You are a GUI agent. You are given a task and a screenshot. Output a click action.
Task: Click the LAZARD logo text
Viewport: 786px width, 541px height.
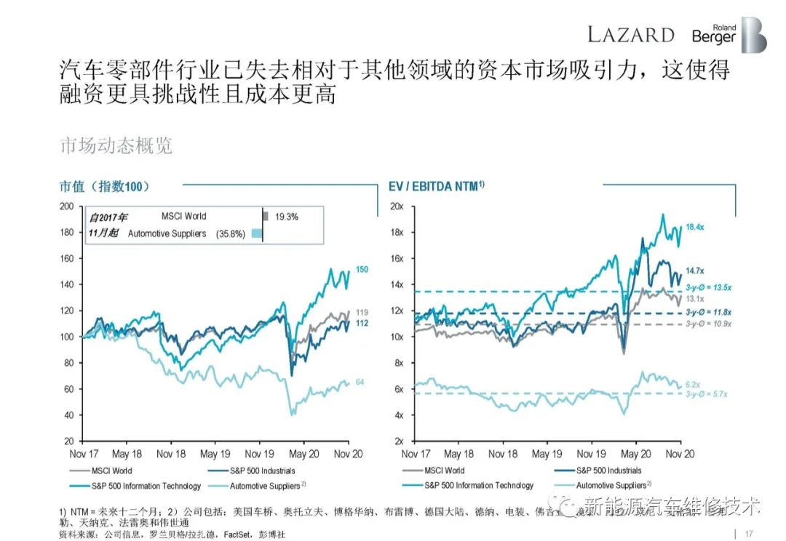630,34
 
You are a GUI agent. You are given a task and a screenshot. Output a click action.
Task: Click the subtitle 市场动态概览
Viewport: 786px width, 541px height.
116,145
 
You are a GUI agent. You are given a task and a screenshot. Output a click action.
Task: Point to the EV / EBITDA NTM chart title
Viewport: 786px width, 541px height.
437,187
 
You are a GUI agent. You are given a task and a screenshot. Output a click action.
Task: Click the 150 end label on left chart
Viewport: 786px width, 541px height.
362,270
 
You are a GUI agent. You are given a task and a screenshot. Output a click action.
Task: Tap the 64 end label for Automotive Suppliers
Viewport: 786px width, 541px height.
360,382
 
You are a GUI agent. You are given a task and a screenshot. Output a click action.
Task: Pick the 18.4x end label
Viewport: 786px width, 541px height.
695,228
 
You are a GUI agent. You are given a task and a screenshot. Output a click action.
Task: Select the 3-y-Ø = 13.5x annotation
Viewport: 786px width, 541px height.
708,287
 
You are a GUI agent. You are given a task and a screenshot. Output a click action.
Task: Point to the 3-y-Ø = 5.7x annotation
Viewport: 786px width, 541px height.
707,393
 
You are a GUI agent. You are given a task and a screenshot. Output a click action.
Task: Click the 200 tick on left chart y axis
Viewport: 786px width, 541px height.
66,207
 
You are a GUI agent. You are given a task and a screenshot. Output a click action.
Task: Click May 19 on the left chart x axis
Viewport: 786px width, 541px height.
215,454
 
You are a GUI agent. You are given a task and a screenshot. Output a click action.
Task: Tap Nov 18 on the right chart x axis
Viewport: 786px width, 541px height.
503,454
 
